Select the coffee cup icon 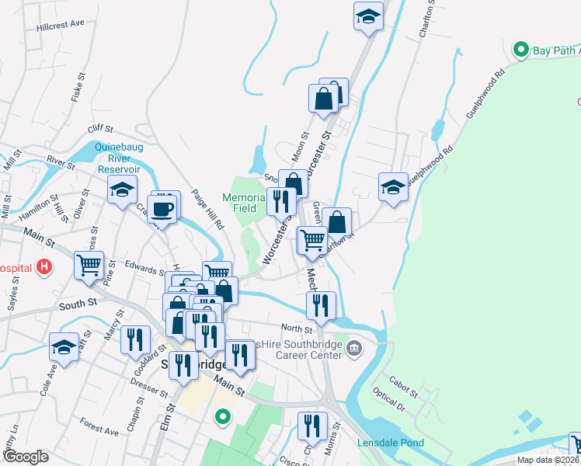[x=163, y=208]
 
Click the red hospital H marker [x=45, y=267]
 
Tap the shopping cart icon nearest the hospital [x=89, y=264]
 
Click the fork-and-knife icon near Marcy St [x=136, y=339]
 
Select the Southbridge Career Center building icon [x=355, y=346]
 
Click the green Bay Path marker [x=520, y=50]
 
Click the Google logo [x=26, y=457]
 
